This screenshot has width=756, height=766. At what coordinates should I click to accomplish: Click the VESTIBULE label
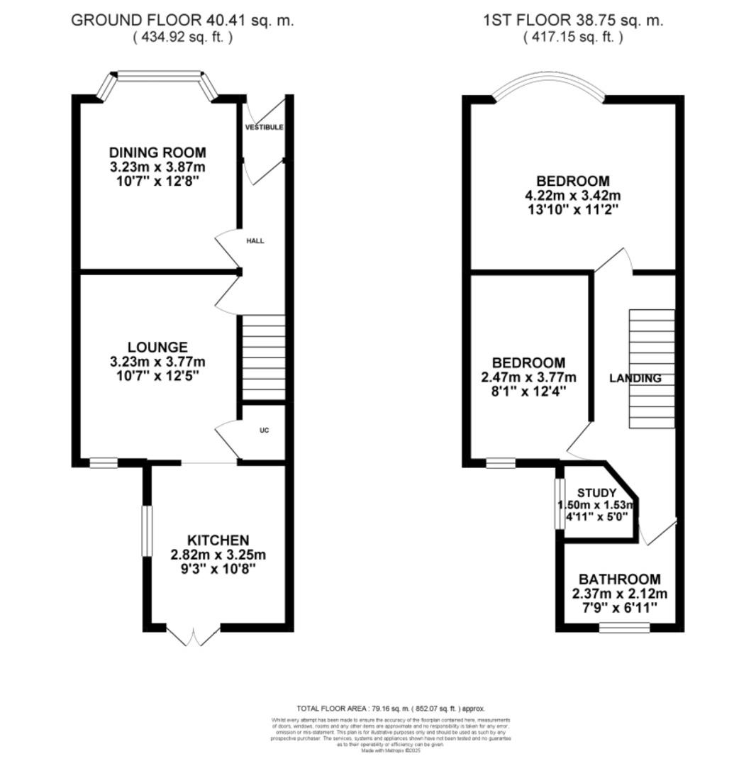tap(264, 128)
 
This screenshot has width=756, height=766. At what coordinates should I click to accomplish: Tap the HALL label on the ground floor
tap(255, 241)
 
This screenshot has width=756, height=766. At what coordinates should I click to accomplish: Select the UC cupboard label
tap(264, 431)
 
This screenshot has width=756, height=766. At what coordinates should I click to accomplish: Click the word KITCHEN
tap(218, 540)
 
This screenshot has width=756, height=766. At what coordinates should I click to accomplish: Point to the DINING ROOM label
tap(157, 152)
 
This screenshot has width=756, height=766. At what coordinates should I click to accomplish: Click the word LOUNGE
tap(157, 347)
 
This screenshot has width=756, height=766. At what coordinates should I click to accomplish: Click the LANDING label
tap(635, 379)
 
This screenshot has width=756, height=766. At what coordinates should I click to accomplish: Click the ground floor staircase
tap(264, 358)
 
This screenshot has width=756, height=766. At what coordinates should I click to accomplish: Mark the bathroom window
tap(624, 627)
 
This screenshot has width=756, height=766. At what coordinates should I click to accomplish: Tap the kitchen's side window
tap(147, 531)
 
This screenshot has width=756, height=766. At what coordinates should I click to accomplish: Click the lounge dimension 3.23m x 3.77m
tap(157, 361)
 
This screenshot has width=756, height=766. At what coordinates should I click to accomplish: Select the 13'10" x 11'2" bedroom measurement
tap(572, 209)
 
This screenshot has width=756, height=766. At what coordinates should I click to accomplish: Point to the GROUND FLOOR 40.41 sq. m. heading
tap(182, 21)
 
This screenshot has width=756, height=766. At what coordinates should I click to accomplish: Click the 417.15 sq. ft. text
tap(573, 37)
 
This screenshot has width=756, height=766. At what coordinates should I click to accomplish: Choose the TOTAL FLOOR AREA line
tap(390, 709)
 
